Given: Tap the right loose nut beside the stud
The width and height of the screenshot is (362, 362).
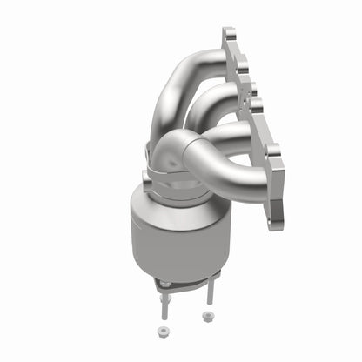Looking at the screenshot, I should point(208,315).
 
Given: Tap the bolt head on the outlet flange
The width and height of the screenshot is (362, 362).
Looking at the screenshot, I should point(164,285).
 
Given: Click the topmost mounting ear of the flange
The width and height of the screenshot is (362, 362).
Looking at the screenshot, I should point(229,37).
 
